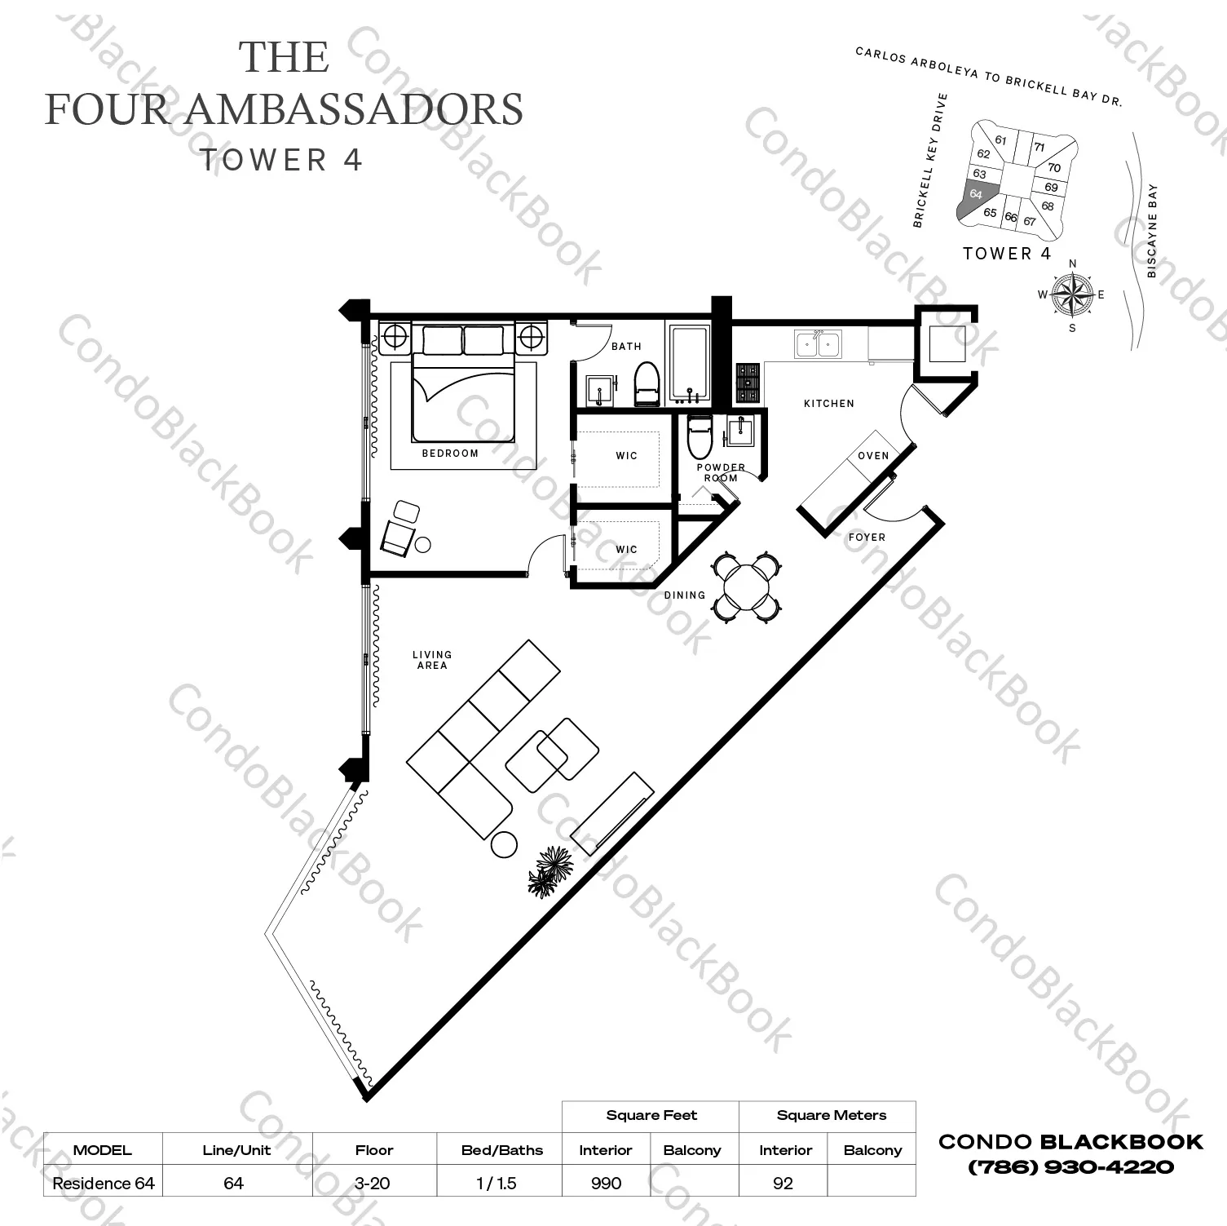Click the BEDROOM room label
click(450, 454)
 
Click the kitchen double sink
click(818, 345)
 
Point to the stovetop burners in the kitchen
click(748, 383)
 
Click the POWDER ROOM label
click(721, 473)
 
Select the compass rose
click(1072, 295)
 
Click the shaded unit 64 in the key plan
click(975, 196)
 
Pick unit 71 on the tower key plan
click(1039, 148)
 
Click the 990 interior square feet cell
click(606, 1183)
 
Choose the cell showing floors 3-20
click(374, 1183)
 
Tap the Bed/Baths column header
click(501, 1150)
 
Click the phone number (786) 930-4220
click(1070, 1167)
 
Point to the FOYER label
click(867, 538)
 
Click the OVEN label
click(873, 456)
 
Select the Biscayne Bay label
click(1152, 232)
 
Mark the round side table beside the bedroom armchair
click(422, 545)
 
